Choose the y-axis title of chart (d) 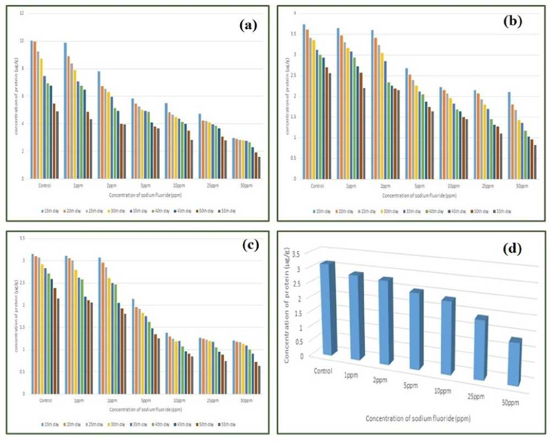[288, 306]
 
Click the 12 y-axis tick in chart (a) [21, 12]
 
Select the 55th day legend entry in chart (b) [503, 211]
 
